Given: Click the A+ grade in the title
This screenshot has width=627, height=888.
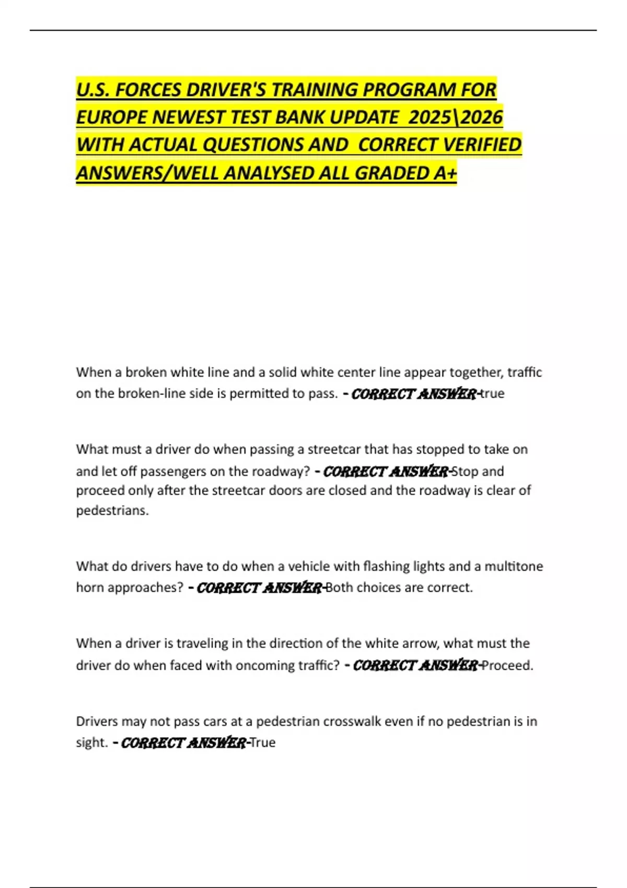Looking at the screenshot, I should pyautogui.click(x=445, y=173).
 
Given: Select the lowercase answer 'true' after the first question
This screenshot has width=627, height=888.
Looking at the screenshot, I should pyautogui.click(x=492, y=393).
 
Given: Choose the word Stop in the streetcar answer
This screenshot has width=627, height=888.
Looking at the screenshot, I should pyautogui.click(x=465, y=471).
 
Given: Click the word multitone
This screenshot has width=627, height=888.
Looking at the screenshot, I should pyautogui.click(x=514, y=566).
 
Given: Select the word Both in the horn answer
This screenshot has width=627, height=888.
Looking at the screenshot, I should pyautogui.click(x=340, y=588).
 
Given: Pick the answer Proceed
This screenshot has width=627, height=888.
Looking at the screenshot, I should pyautogui.click(x=507, y=665).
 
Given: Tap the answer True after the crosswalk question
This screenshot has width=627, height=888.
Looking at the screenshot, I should pyautogui.click(x=263, y=742).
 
